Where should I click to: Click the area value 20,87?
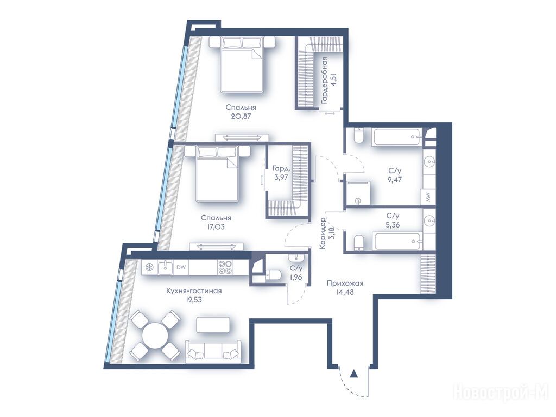click(241, 116)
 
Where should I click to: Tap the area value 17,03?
click(216, 226)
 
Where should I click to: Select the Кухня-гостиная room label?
click(194, 291)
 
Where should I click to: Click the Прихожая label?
click(345, 283)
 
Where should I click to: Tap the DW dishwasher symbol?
click(181, 267)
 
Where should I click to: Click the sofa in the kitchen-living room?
click(213, 351)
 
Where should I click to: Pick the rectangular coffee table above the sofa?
click(213, 325)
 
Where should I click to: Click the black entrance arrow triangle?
click(353, 374)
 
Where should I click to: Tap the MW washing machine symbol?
click(428, 196)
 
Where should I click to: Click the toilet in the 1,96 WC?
click(274, 274)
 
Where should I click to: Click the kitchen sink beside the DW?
click(165, 267)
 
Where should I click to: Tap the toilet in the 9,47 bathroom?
click(358, 135)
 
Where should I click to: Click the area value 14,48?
click(345, 292)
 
